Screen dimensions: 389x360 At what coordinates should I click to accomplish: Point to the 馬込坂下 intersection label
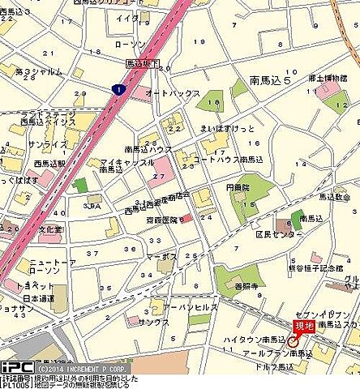pos(144,62)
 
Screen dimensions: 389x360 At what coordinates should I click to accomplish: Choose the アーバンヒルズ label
pos(186,308)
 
